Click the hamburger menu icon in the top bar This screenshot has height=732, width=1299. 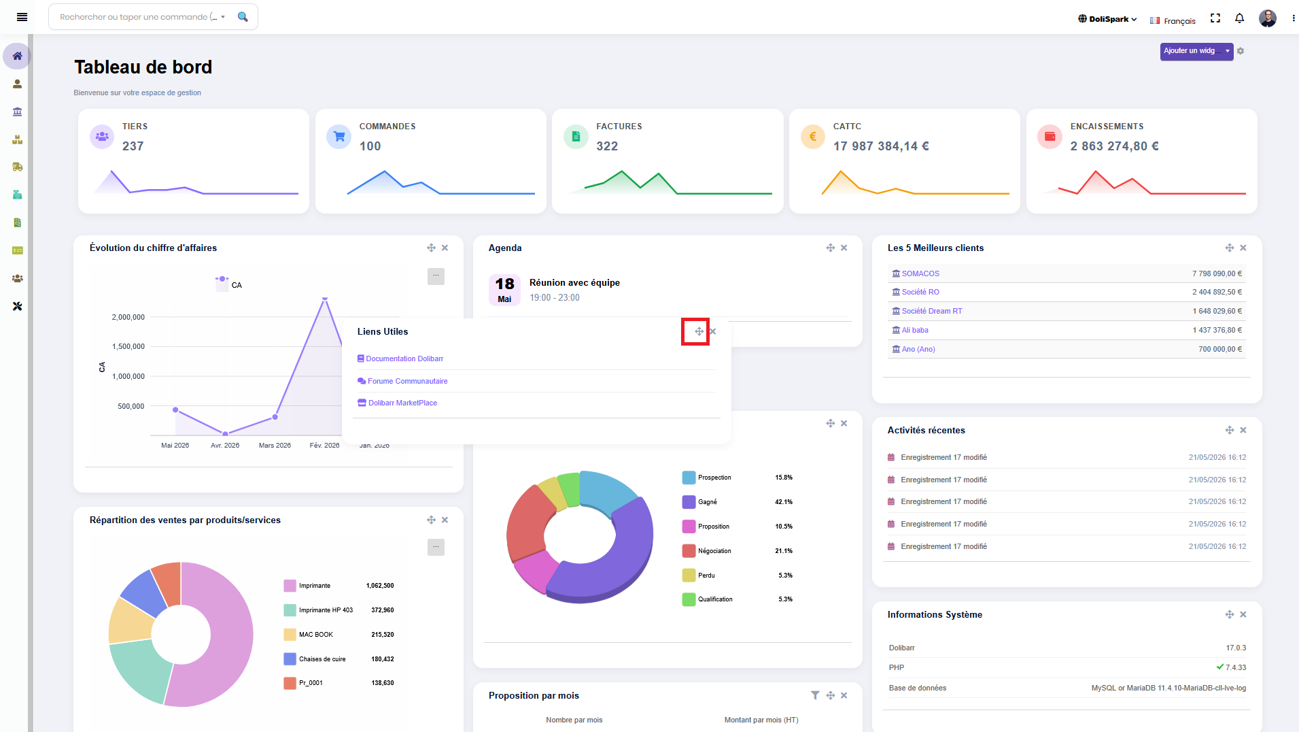[22, 17]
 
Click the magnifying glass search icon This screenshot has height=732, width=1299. [243, 17]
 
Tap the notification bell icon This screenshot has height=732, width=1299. [1239, 18]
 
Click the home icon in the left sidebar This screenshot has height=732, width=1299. [17, 56]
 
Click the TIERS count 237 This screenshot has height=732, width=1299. [133, 146]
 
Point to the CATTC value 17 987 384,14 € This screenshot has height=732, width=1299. [881, 146]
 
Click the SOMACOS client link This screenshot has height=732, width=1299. [920, 273]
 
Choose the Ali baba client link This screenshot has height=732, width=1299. [915, 330]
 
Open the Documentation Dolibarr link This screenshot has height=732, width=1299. [404, 359]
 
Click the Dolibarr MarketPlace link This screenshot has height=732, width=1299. [402, 403]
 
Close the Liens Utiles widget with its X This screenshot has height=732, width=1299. [712, 331]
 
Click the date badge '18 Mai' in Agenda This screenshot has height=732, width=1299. [504, 290]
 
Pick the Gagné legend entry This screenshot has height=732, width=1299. [708, 502]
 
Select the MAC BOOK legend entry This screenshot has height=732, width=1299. [316, 635]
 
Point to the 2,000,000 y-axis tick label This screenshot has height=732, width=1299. [128, 317]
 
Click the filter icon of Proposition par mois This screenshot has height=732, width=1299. [815, 695]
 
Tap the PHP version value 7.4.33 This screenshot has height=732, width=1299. [1236, 667]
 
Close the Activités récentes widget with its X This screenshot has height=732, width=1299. [1243, 430]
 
